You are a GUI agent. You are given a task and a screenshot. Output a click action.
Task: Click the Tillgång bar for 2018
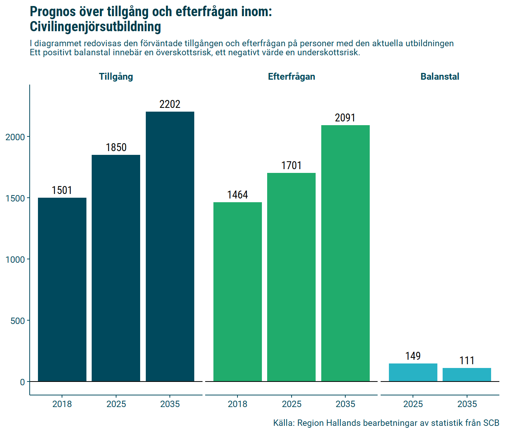(x=62, y=289)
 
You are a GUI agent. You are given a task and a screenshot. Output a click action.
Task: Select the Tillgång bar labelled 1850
(x=116, y=268)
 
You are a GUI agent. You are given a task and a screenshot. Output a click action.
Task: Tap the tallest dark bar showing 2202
(x=170, y=246)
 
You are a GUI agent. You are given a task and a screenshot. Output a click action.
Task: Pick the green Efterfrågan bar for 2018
(x=237, y=292)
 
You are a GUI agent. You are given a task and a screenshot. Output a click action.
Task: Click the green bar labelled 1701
(x=291, y=277)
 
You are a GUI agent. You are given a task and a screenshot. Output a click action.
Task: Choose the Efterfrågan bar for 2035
(x=345, y=253)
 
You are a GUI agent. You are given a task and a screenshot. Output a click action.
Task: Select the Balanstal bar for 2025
(x=413, y=372)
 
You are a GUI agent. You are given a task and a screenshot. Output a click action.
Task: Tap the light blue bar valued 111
(x=467, y=374)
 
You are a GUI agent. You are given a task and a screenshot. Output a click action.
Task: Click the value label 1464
(x=237, y=195)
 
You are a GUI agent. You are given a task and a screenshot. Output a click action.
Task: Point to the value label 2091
(x=345, y=118)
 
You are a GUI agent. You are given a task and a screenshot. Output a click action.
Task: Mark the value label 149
(x=413, y=356)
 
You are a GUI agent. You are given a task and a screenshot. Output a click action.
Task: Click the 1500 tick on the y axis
(x=15, y=198)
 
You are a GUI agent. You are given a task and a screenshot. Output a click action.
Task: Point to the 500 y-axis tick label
(x=17, y=321)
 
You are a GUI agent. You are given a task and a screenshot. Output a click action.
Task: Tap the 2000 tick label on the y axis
(x=15, y=137)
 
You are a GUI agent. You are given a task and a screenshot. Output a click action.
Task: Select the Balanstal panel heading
(x=440, y=77)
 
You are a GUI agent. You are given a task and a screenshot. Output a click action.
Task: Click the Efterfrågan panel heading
(x=291, y=77)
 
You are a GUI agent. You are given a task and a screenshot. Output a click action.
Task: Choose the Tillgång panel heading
(x=116, y=77)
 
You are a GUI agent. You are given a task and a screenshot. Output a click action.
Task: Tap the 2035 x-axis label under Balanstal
(x=467, y=404)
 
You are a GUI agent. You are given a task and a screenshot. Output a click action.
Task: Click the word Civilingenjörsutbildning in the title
(x=95, y=27)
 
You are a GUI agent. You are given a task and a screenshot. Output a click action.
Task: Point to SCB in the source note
(x=491, y=423)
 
